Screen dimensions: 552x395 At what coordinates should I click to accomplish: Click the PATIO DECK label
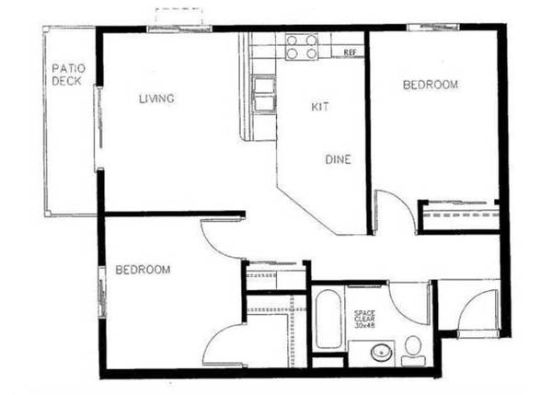68,75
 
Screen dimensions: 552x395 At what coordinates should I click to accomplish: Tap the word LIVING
156,99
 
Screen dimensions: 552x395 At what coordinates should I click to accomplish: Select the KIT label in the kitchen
320,107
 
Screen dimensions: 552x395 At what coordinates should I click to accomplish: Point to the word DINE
338,159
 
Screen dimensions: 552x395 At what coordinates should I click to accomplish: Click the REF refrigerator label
350,52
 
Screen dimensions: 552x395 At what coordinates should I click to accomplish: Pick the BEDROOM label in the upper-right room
431,85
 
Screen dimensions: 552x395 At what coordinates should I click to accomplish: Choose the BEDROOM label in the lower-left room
143,270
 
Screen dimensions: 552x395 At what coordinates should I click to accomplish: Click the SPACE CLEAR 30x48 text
364,319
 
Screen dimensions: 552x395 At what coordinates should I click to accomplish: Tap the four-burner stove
302,47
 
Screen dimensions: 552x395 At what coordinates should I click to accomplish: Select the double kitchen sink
264,95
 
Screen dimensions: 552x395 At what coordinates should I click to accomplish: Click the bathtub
328,319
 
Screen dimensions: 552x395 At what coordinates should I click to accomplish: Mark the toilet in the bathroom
413,351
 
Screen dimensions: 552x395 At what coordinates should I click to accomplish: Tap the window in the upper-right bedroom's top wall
433,27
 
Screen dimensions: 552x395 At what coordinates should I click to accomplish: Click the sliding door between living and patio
99,128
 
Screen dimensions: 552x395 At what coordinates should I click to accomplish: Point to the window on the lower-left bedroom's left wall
102,292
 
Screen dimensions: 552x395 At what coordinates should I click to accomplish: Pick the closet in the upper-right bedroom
459,216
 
